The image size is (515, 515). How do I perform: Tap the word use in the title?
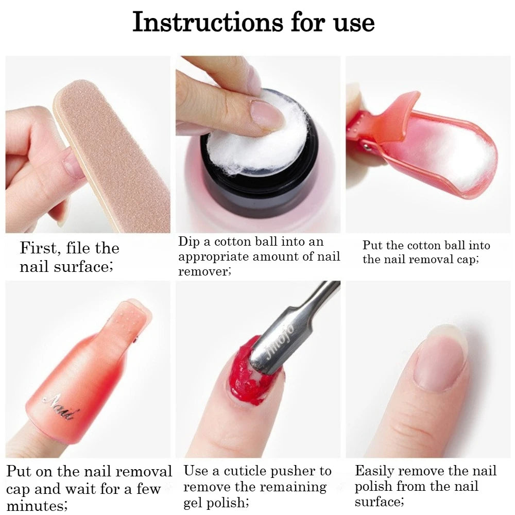pos(354,24)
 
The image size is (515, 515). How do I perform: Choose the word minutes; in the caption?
pos(37,506)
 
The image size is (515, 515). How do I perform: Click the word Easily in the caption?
pos(374,472)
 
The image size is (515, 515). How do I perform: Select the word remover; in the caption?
pos(204,271)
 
